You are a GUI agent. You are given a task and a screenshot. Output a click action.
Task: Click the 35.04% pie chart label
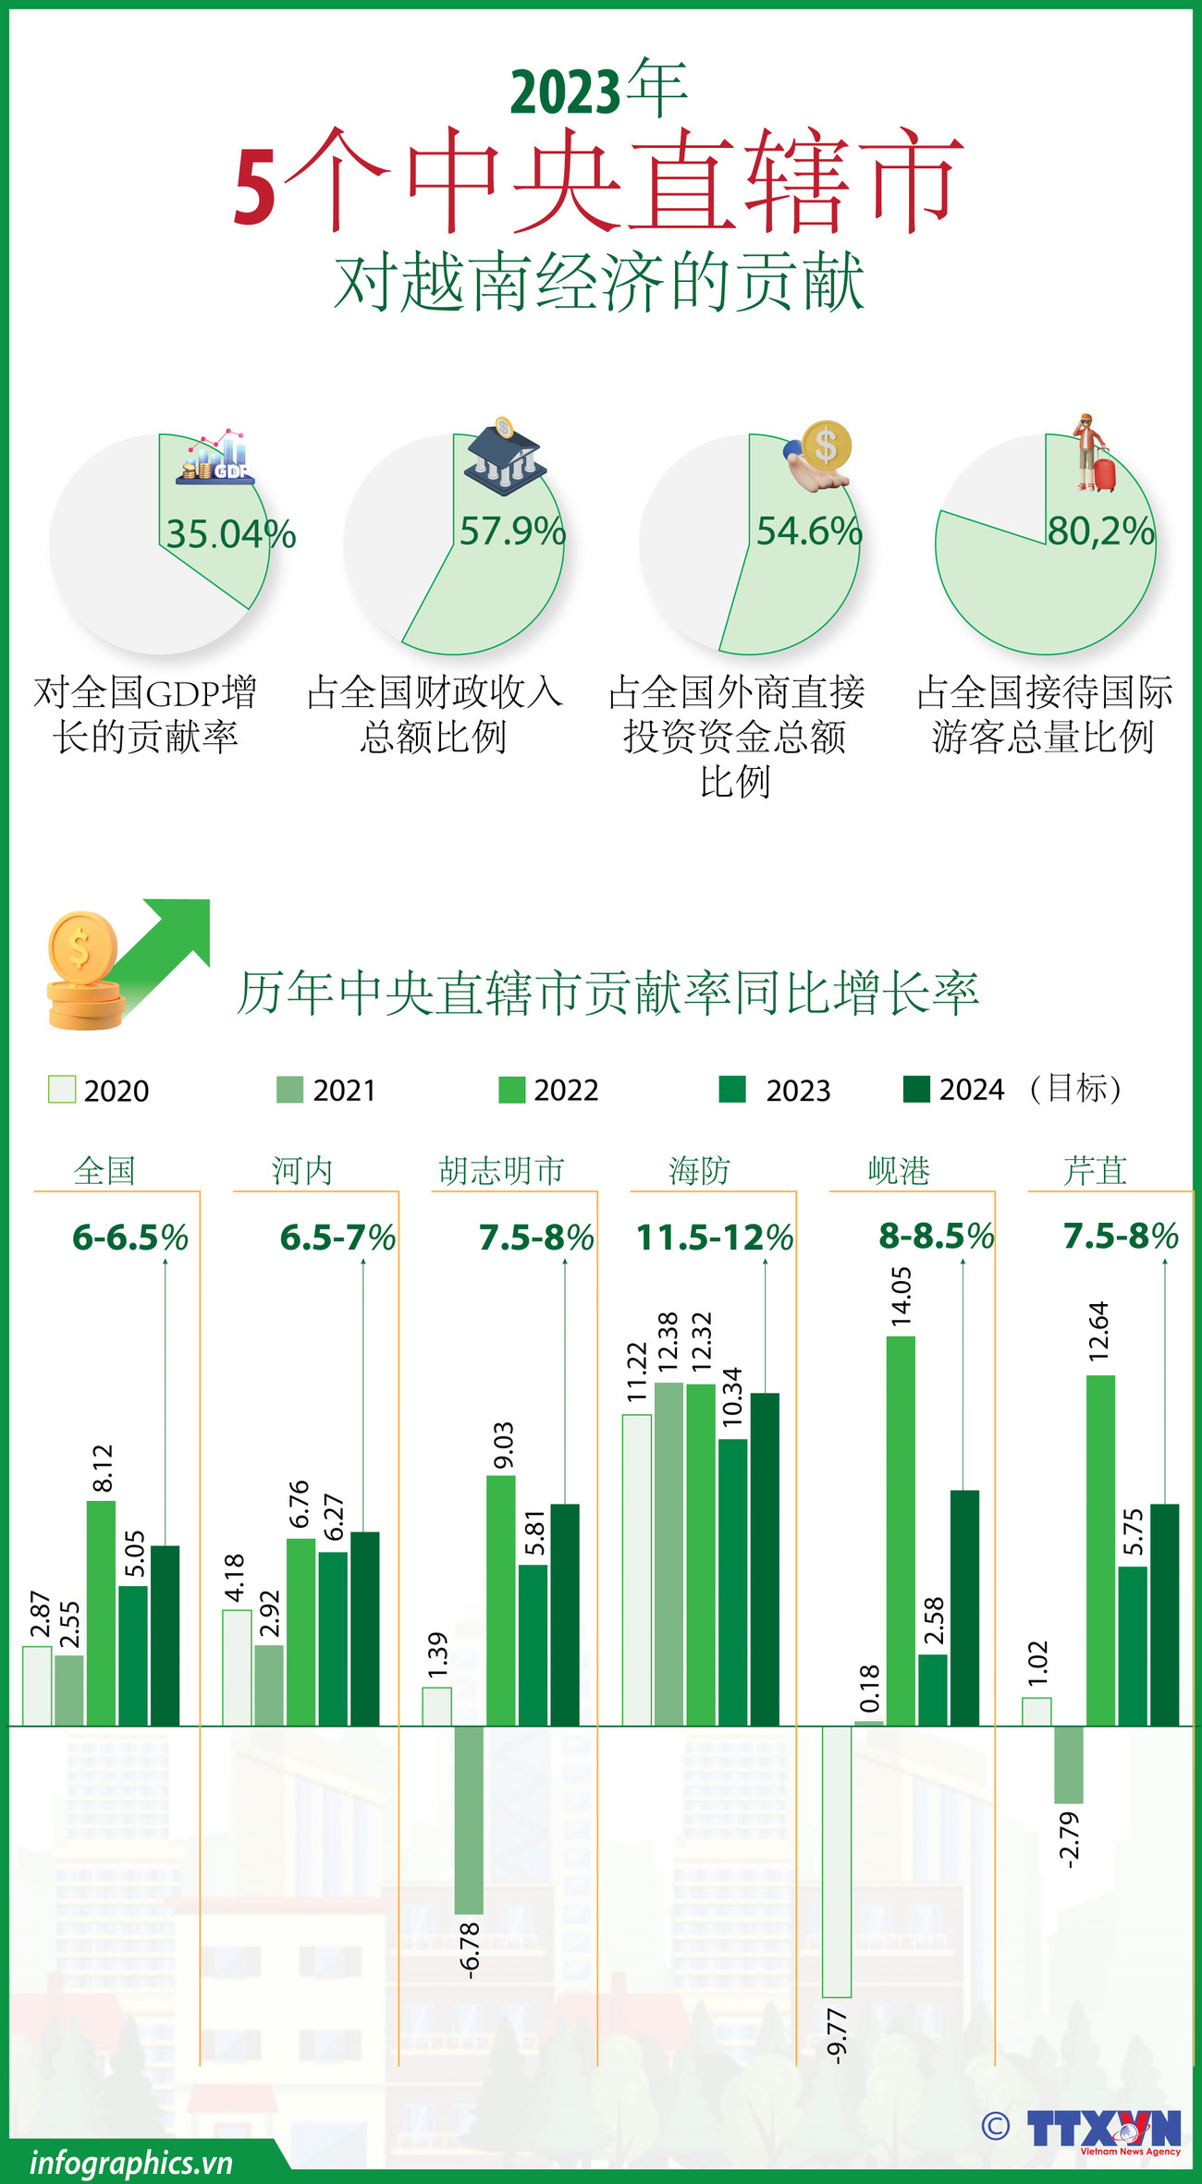pyautogui.click(x=230, y=534)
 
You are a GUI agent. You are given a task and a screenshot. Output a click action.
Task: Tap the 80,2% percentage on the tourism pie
pyautogui.click(x=1100, y=531)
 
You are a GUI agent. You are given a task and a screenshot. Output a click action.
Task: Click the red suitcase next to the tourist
pyautogui.click(x=1104, y=471)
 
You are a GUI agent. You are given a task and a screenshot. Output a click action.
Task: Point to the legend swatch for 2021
pyautogui.click(x=289, y=1090)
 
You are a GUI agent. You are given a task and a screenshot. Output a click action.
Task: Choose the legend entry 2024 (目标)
pyautogui.click(x=1012, y=1090)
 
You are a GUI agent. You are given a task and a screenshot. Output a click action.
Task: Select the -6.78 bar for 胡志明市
pyautogui.click(x=469, y=1819)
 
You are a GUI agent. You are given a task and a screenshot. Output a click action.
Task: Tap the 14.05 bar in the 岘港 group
pyautogui.click(x=901, y=1531)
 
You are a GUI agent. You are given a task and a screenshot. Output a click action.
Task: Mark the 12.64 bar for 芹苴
pyautogui.click(x=1100, y=1550)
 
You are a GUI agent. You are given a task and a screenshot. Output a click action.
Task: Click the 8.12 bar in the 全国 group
pyautogui.click(x=101, y=1613)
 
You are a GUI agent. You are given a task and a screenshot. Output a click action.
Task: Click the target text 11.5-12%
pyautogui.click(x=715, y=1238)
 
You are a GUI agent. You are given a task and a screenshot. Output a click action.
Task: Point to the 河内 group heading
pyautogui.click(x=301, y=1171)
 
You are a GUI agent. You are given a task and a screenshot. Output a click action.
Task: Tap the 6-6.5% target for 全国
pyautogui.click(x=130, y=1238)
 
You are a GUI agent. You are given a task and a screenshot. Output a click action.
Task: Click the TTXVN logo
pyautogui.click(x=1103, y=2129)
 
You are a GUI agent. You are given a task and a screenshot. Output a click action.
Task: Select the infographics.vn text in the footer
pyautogui.click(x=130, y=2163)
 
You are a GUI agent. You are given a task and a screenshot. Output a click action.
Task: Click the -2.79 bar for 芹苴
pyautogui.click(x=1068, y=1764)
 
